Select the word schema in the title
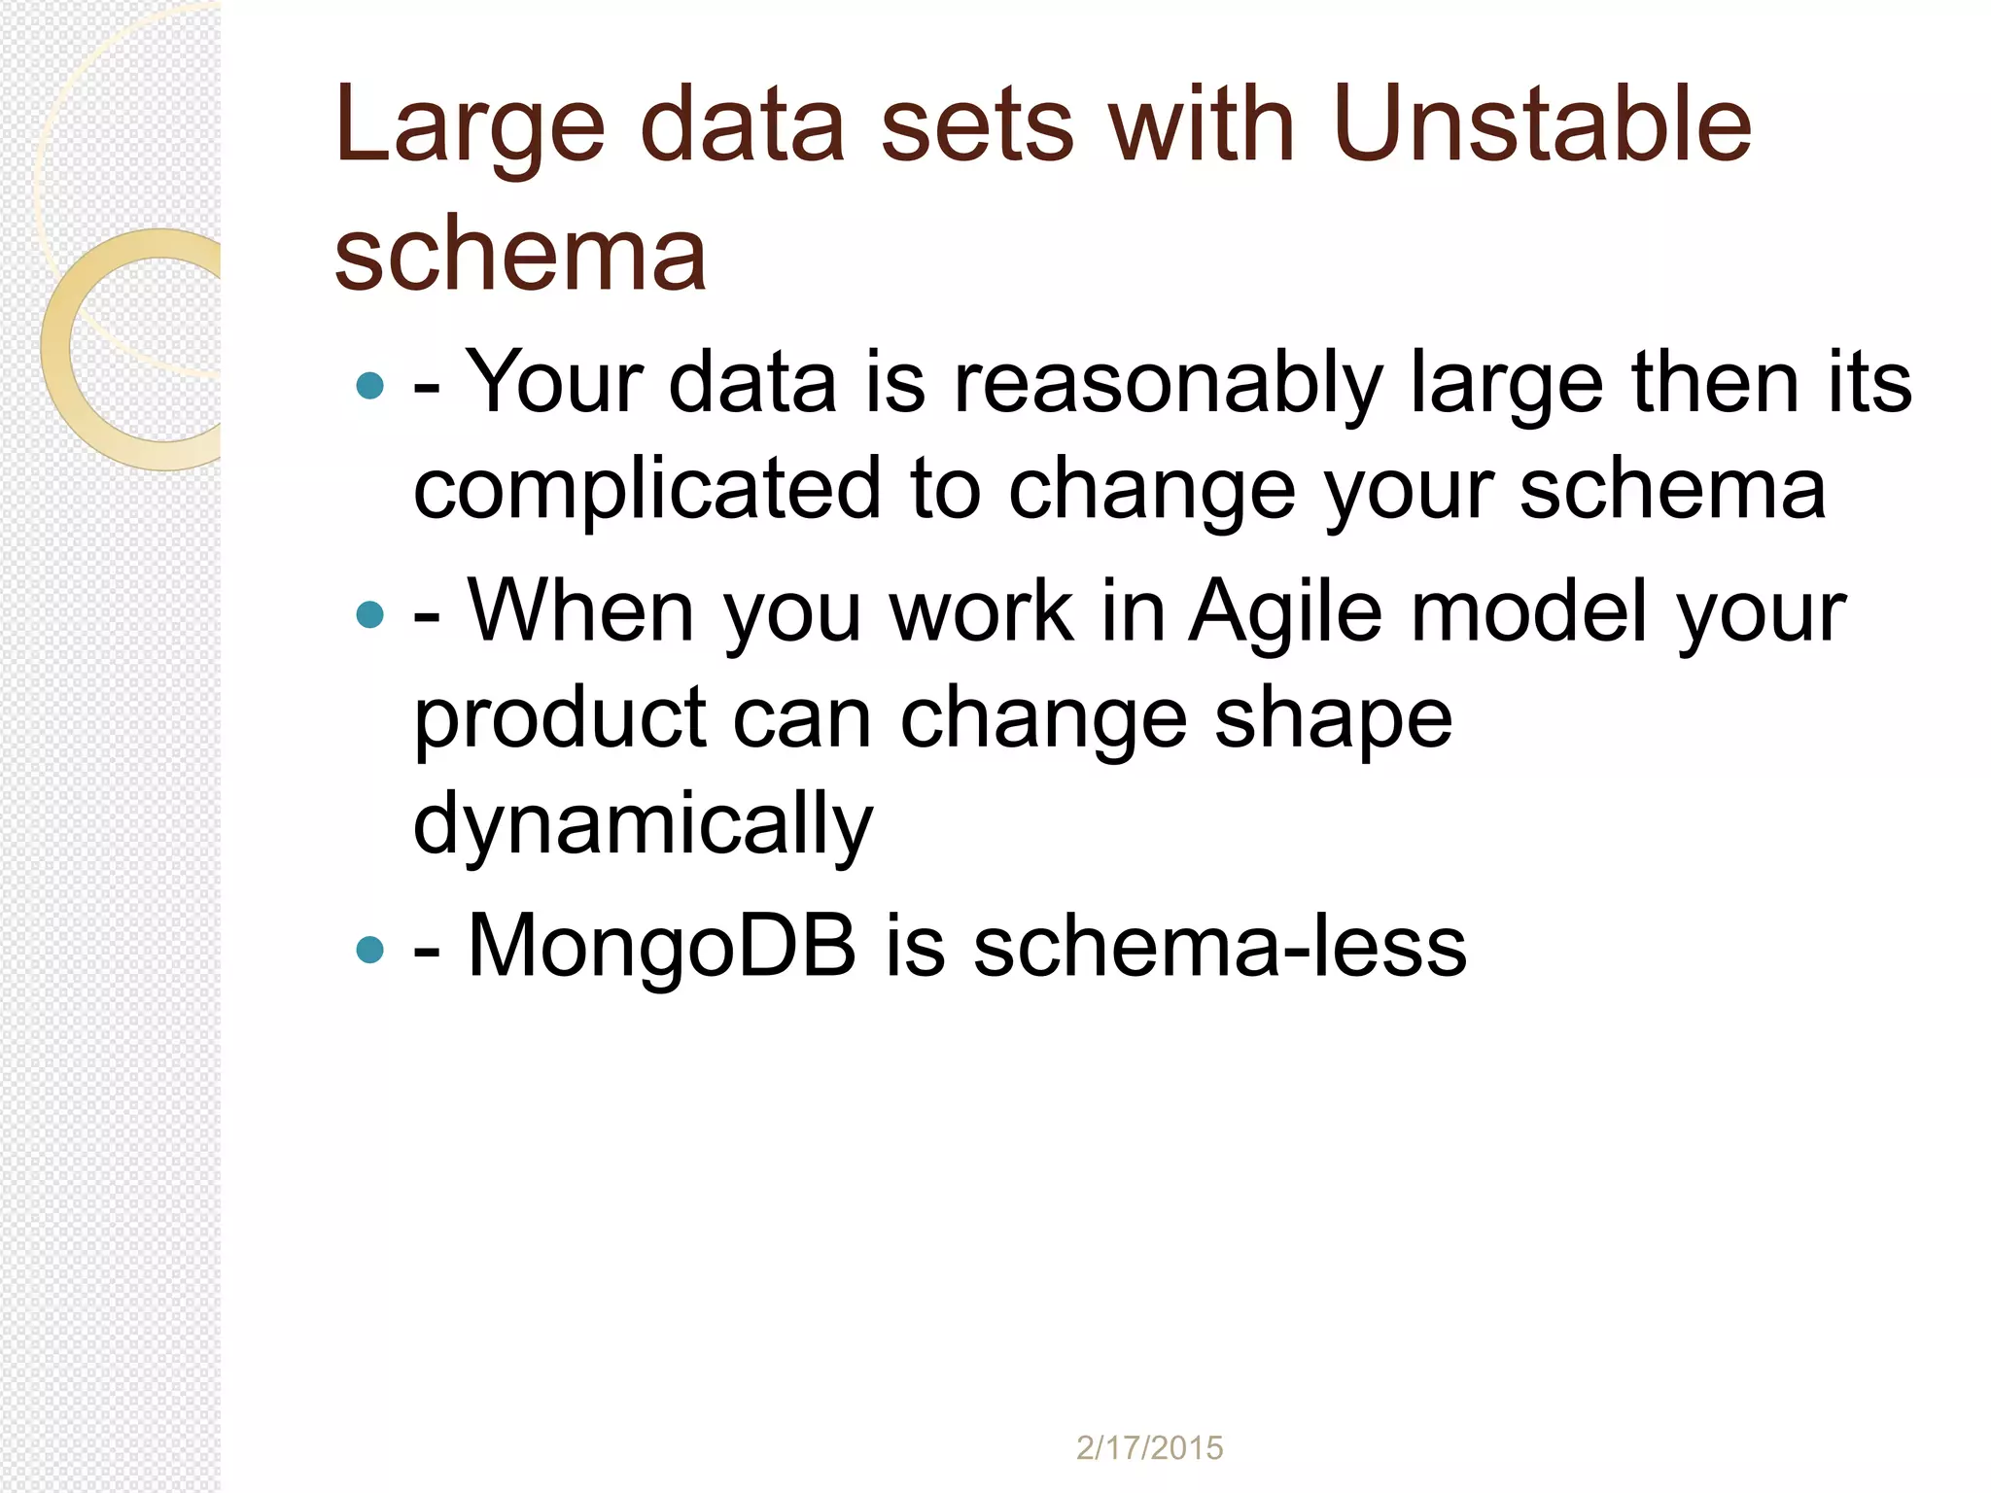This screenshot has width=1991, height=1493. coord(520,255)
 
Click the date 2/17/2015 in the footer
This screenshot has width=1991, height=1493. coord(1149,1448)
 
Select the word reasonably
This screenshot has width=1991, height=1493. coord(1168,384)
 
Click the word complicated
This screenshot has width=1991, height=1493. coord(646,490)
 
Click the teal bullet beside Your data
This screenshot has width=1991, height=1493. coord(370,386)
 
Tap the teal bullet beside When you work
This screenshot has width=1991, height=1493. coord(370,614)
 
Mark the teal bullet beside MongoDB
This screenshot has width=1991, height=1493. coord(370,949)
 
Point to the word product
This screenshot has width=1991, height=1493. coord(560,719)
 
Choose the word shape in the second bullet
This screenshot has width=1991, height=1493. coord(1333,719)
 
